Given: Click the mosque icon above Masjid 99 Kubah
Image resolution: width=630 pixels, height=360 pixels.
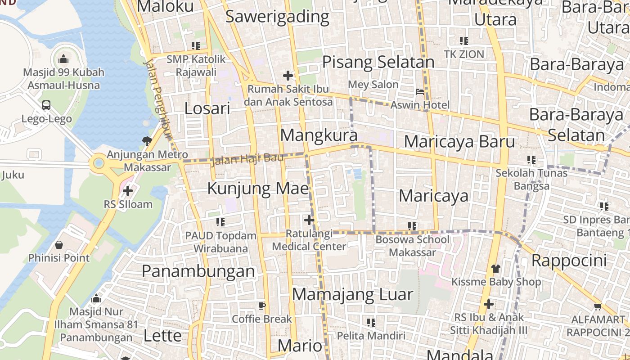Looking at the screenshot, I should click(63, 59).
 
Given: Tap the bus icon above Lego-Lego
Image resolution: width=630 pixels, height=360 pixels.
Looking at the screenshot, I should click(46, 105).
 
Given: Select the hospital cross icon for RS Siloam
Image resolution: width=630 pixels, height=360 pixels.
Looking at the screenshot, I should click(128, 191).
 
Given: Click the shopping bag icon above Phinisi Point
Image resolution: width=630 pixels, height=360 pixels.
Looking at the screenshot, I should click(58, 245).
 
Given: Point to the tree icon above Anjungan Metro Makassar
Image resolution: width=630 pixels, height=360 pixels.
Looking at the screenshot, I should click(147, 141).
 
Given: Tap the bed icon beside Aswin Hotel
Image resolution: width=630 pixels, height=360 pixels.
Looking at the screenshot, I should click(420, 92).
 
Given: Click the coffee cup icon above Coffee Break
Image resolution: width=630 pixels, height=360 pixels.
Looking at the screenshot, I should click(262, 306).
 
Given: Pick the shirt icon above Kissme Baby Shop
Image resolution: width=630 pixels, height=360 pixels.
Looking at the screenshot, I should click(496, 269).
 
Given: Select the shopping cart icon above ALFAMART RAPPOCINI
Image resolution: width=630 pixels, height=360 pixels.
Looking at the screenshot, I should click(598, 307).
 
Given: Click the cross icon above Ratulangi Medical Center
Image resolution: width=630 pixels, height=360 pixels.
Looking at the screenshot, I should click(309, 220).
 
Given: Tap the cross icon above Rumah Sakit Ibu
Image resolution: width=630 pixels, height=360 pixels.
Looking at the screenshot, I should click(288, 75).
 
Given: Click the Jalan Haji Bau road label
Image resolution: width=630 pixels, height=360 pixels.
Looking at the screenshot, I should click(247, 158).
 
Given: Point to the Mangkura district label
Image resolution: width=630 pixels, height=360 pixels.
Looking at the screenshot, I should click(319, 135).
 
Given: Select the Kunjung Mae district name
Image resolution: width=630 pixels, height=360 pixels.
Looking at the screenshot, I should click(258, 189).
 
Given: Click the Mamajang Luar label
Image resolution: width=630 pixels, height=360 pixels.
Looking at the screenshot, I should click(352, 294).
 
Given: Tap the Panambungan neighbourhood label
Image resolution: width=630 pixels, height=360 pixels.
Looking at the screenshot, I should click(198, 271).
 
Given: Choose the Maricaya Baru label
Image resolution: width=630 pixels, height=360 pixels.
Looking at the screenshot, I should click(459, 141).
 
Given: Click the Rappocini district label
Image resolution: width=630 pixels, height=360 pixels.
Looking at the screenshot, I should click(569, 260).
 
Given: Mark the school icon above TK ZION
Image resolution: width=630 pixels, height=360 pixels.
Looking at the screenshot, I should click(464, 41).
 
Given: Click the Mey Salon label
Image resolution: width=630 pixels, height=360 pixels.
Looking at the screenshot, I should click(373, 85).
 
